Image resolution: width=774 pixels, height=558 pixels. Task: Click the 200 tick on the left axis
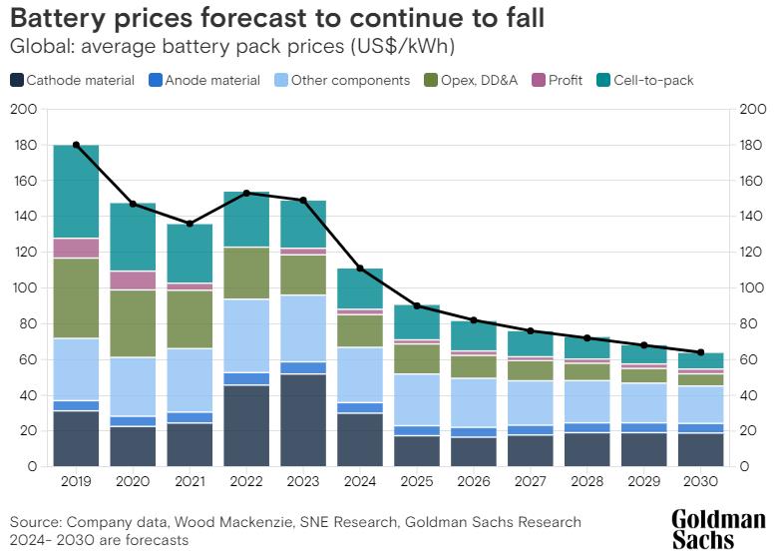coord(24,110)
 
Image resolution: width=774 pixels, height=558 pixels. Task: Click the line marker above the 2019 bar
coord(76,145)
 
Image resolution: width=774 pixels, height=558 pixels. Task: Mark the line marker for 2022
coord(246,193)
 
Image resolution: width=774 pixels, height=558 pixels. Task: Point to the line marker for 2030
coord(700,352)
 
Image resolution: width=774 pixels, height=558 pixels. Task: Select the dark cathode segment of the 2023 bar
coord(303,419)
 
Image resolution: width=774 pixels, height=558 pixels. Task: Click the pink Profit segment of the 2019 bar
coord(76,248)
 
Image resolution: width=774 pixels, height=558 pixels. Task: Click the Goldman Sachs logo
coord(717,529)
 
